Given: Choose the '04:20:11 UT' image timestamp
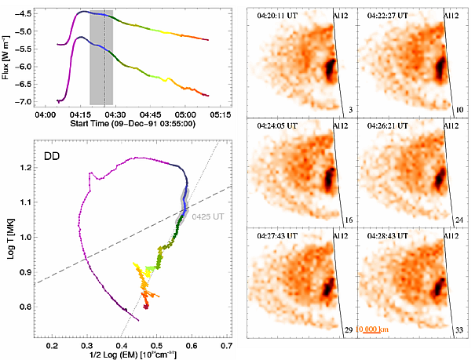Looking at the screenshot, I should click(x=271, y=12).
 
